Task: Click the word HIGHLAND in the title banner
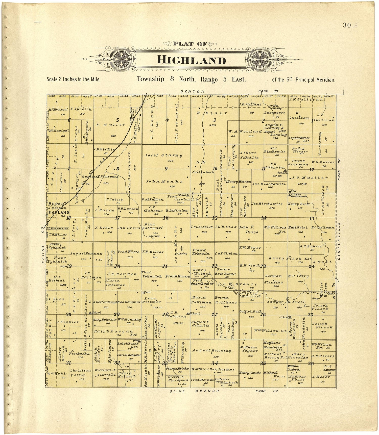pyautogui.click(x=191, y=60)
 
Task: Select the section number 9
pyautogui.click(x=166, y=169)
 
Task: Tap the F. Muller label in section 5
pyautogui.click(x=111, y=124)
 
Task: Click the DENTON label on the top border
pyautogui.click(x=192, y=91)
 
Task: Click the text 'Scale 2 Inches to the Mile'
pyautogui.click(x=74, y=79)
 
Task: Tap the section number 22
pyautogui.click(x=215, y=266)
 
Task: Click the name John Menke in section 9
pyautogui.click(x=164, y=181)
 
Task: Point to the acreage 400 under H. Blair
pyautogui.click(x=213, y=125)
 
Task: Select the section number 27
pyautogui.click(x=215, y=314)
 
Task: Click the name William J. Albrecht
pyautogui.click(x=105, y=372)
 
